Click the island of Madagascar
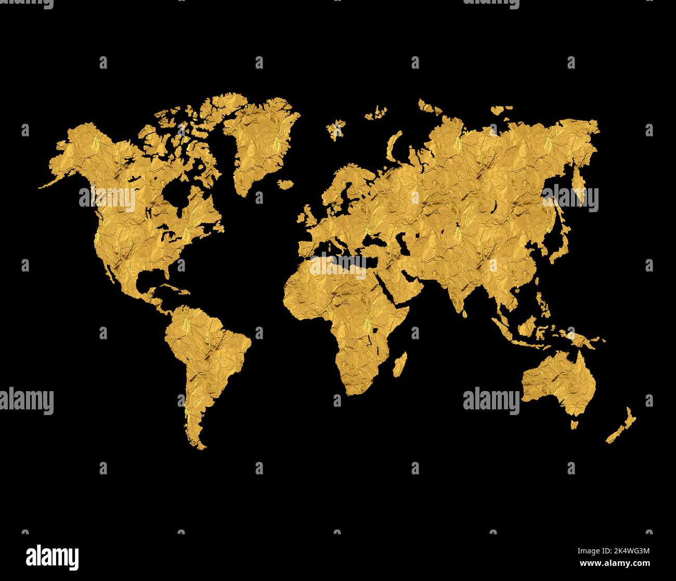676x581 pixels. [x=399, y=364]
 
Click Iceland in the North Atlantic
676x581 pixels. [x=285, y=184]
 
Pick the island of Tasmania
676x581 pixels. [x=574, y=424]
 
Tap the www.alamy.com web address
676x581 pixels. [x=614, y=563]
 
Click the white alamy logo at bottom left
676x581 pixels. [x=53, y=556]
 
